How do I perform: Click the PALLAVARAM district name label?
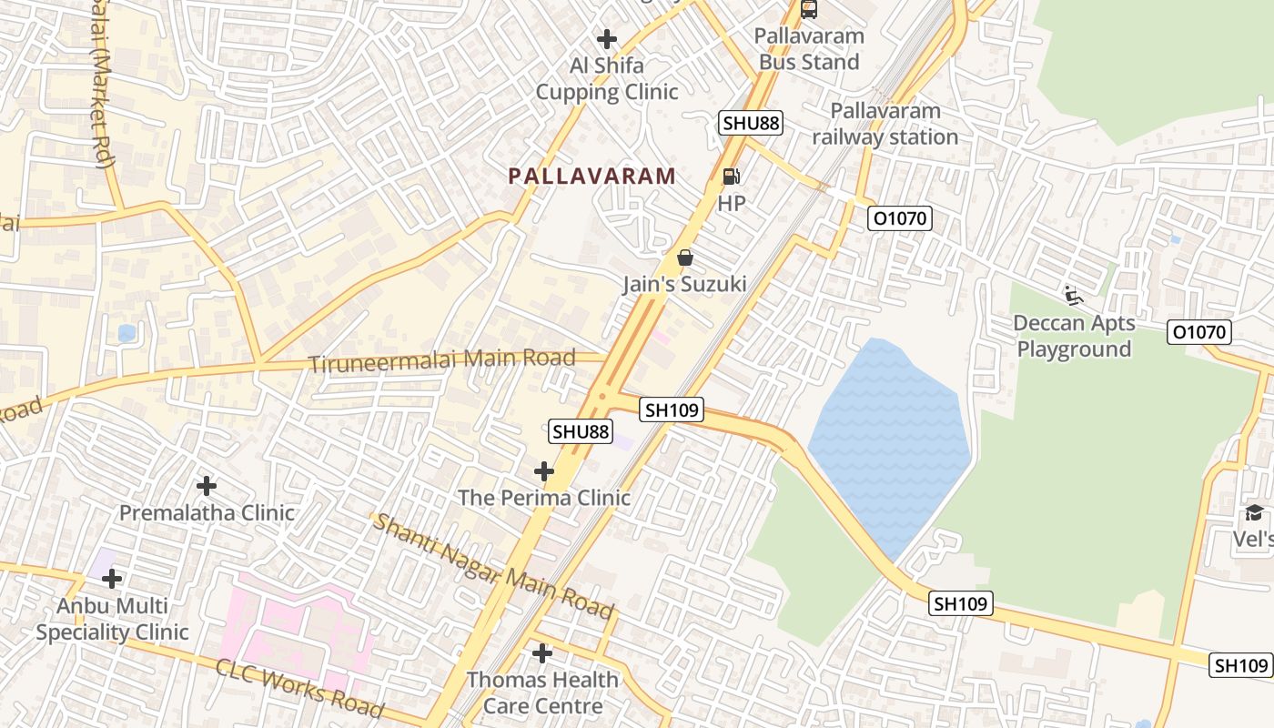point(591,176)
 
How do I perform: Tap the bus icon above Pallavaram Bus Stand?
point(808,10)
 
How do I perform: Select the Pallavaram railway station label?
point(885,124)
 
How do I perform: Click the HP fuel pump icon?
point(731,176)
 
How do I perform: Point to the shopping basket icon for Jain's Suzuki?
point(685,258)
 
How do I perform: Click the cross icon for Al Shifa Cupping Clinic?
point(606,39)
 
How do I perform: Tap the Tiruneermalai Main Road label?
point(442,360)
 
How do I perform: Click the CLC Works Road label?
point(299,687)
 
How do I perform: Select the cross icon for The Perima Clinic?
point(544,471)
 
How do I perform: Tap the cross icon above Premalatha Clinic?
point(207,486)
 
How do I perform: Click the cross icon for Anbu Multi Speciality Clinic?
point(112,579)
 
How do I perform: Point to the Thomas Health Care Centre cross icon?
point(542,653)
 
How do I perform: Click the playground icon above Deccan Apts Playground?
point(1074,296)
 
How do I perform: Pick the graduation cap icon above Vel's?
point(1254,513)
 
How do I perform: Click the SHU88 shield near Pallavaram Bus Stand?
point(751,123)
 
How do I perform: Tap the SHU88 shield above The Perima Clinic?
point(580,431)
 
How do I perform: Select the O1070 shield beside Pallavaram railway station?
point(900,218)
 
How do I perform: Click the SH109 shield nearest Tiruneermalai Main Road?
point(672,410)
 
